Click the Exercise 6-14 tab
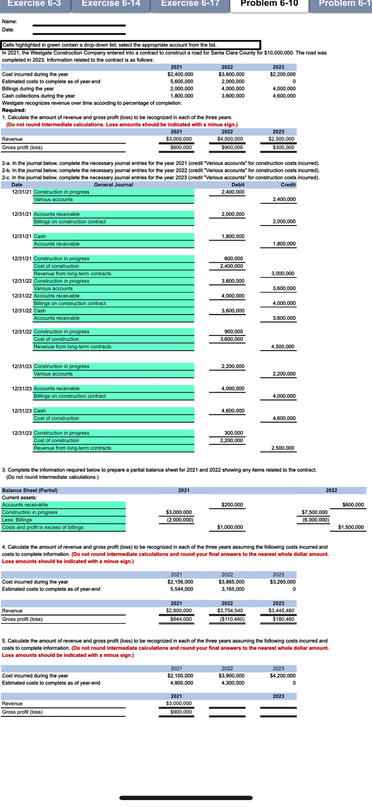coord(111,4)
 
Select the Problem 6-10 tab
coord(269,4)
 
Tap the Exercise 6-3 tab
coord(34,4)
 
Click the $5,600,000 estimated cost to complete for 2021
coord(182,81)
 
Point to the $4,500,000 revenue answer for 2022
coord(230,139)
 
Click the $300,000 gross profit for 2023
coord(283,147)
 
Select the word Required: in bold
coord(14,110)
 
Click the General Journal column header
coord(113,185)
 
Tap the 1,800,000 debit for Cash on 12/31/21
coord(233,236)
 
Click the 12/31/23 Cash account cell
coord(40,411)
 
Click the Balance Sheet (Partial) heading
coord(30,490)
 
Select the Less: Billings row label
coord(17,520)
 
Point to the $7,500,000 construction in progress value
coord(314,512)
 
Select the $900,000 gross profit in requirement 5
coord(181,712)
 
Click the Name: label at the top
coord(10,22)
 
